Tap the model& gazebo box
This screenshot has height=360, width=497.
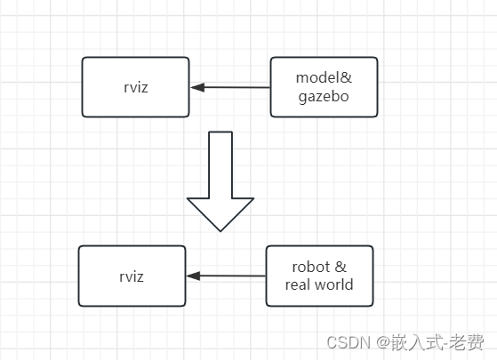coord(324,87)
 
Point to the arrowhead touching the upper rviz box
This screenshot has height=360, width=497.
coord(197,87)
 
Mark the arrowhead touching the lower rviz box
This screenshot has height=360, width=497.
coord(194,276)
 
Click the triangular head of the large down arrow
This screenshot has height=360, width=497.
coord(220,213)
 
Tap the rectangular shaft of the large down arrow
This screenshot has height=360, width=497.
coord(220,164)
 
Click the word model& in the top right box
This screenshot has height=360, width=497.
coord(324,78)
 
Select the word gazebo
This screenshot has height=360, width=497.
coord(324,96)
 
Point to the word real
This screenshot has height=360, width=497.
coord(301,285)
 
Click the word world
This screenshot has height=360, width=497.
coord(334,285)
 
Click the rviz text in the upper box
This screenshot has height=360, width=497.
coord(135,87)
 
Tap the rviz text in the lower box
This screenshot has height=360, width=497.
coord(132,276)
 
